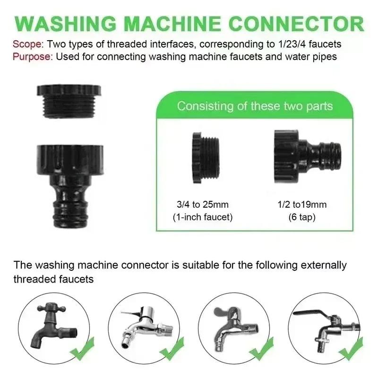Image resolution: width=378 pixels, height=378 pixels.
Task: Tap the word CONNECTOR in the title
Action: coord(297,24)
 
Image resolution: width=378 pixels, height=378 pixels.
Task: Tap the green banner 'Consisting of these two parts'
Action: coord(255,105)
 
